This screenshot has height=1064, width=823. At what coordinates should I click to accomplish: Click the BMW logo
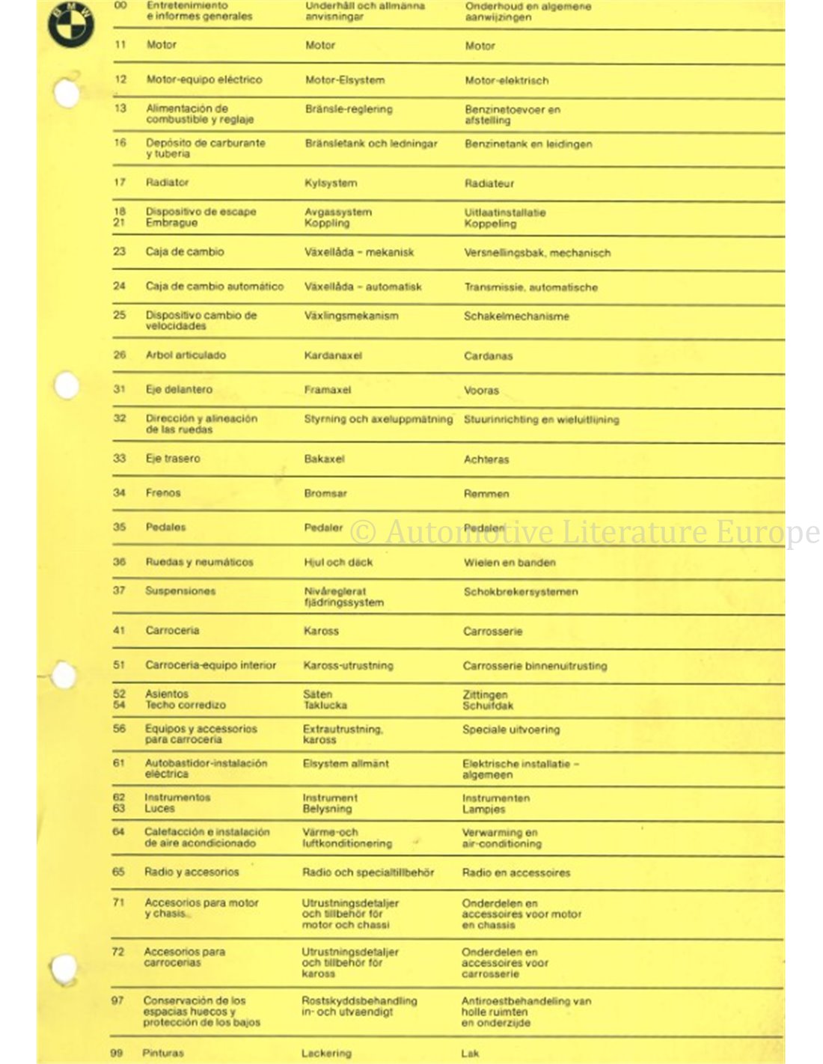[70, 24]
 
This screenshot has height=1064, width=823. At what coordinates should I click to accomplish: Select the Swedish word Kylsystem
[331, 183]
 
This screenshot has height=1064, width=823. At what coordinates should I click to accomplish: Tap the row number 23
[120, 251]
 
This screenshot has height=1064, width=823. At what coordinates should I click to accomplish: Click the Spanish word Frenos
[163, 492]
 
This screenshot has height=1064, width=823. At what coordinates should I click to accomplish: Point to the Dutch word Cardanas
[488, 356]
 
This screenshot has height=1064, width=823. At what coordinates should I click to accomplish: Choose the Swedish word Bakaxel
[324, 459]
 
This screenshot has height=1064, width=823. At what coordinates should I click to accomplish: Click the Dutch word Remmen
[486, 494]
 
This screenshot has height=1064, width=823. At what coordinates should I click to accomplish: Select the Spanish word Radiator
[167, 182]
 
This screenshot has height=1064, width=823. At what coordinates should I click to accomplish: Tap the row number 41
[119, 630]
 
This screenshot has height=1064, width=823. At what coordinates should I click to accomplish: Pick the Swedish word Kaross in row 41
[321, 631]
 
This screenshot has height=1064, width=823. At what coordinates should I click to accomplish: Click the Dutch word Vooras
[481, 391]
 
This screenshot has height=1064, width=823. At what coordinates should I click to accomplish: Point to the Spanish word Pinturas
[163, 1053]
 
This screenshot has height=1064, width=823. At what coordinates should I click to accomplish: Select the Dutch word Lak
[470, 1054]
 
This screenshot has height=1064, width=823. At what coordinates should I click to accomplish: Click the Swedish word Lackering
[326, 1054]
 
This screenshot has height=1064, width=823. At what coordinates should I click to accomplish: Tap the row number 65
[118, 872]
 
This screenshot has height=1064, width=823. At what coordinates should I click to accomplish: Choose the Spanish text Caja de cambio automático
[215, 286]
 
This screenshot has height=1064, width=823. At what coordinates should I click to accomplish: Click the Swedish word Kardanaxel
[333, 355]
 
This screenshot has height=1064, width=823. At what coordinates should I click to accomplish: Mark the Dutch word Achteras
[486, 459]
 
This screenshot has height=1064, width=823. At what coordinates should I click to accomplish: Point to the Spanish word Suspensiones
[180, 590]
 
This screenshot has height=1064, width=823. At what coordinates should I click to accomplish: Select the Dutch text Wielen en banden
[510, 563]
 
